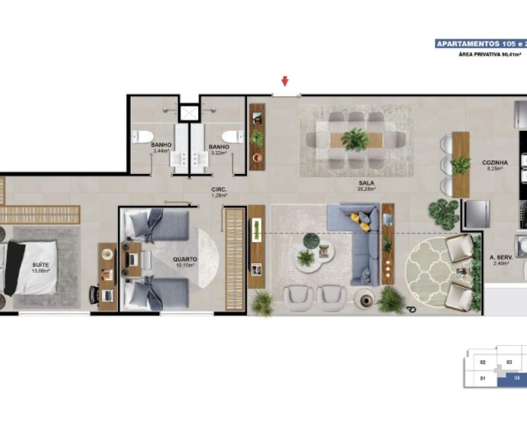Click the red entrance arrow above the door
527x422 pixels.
click(285, 81)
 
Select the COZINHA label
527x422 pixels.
click(495, 163)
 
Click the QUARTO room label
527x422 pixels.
click(185, 260)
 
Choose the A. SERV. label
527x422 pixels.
click(498, 257)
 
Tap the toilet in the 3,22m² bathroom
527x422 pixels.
click(233, 137)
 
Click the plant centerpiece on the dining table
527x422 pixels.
click(355, 140)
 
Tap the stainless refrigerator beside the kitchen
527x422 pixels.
click(476, 214)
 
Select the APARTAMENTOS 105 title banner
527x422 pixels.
click(480, 44)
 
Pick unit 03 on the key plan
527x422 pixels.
click(509, 362)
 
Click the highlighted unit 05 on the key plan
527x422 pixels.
click(516, 378)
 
